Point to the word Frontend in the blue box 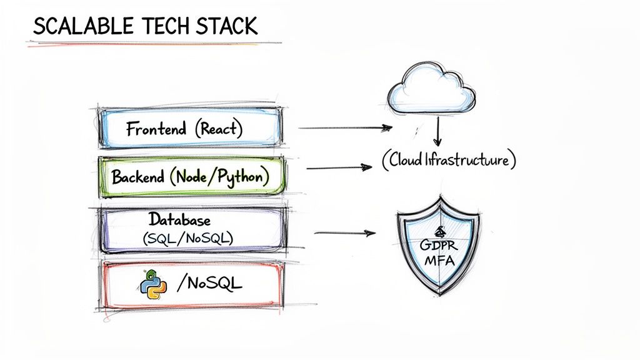click(156, 129)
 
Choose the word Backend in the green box click(138, 177)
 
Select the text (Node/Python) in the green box click(219, 177)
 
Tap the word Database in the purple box click(179, 220)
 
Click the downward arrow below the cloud click(437, 132)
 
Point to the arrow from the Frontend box click(345, 127)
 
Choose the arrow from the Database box click(344, 234)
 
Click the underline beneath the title click(153, 44)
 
